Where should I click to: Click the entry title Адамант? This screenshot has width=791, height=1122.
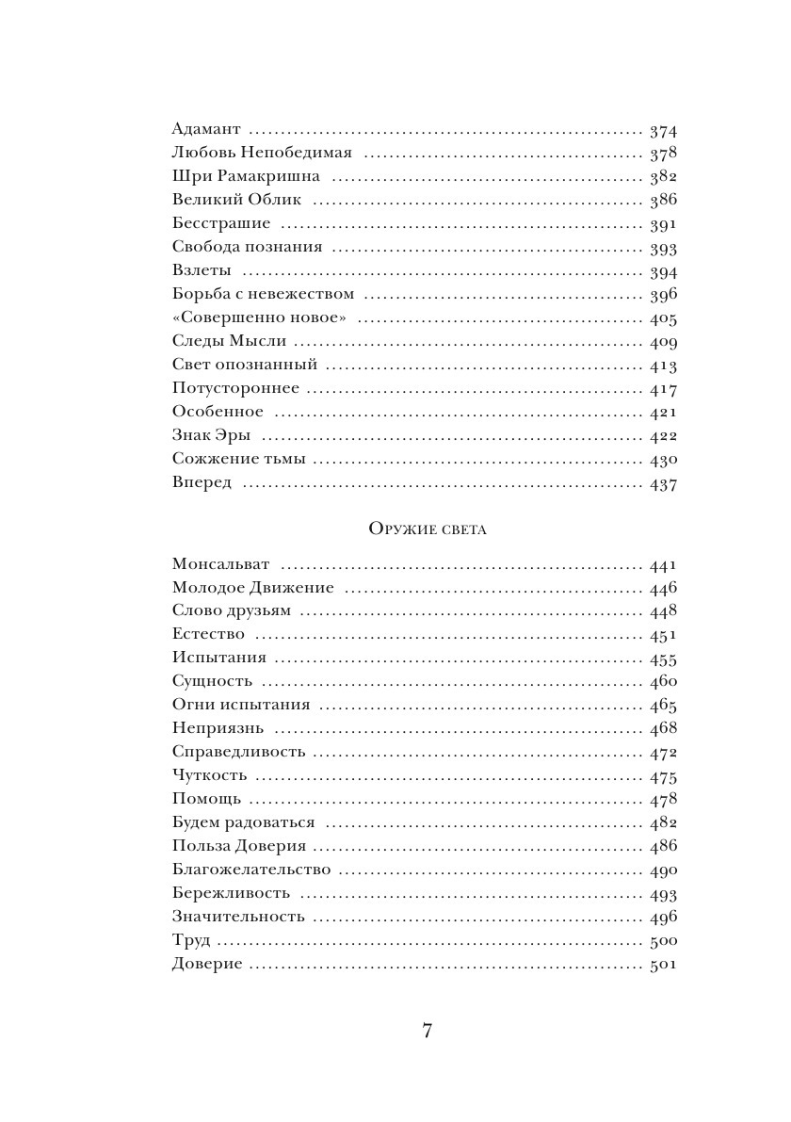tap(207, 129)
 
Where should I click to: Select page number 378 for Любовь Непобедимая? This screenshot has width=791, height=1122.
tap(664, 154)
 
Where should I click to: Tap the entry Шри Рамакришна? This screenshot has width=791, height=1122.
tap(247, 176)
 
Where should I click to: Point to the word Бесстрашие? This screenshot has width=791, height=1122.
tap(221, 223)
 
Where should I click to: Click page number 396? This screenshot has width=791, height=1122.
tap(664, 295)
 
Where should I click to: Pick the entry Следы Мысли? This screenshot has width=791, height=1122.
tap(229, 341)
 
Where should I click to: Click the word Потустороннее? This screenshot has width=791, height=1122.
tap(235, 388)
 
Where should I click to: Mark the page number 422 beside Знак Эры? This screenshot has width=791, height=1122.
tap(664, 436)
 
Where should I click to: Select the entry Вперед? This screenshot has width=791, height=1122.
tap(202, 482)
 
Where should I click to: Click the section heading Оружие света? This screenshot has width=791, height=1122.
tap(427, 529)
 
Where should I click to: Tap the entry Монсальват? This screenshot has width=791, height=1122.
tap(221, 564)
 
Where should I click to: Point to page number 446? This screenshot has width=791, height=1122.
tap(664, 589)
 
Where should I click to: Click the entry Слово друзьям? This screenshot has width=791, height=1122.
tap(232, 611)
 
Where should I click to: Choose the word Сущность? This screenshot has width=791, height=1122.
tap(213, 682)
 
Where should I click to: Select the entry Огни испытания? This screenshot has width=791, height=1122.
tap(241, 705)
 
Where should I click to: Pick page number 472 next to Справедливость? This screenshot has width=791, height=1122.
tap(664, 753)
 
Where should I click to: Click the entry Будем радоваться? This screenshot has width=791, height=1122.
tap(244, 822)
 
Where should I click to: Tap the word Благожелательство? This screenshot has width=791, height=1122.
tap(251, 870)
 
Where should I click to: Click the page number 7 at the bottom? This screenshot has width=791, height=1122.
tap(427, 1031)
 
